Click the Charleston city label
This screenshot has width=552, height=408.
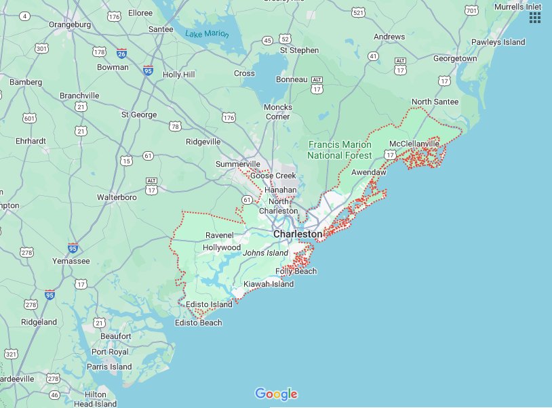(298, 234)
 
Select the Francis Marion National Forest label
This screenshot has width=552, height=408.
(339, 150)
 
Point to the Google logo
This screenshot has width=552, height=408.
(276, 394)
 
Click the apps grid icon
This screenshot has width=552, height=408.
(535, 18)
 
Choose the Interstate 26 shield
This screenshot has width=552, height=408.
(121, 53)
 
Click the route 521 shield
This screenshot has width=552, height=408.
(358, 13)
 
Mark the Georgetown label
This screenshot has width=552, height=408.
(455, 59)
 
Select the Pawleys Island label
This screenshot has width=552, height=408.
(499, 42)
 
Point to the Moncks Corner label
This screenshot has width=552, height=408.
(278, 112)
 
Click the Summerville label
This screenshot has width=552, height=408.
(238, 164)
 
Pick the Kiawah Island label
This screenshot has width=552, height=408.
(269, 284)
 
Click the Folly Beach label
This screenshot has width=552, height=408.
(296, 271)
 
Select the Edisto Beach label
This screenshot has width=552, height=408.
(198, 323)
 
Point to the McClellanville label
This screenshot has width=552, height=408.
(414, 144)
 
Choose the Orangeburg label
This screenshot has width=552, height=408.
(70, 25)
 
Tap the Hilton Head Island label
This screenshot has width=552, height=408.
(95, 399)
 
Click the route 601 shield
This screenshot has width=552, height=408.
(29, 119)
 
